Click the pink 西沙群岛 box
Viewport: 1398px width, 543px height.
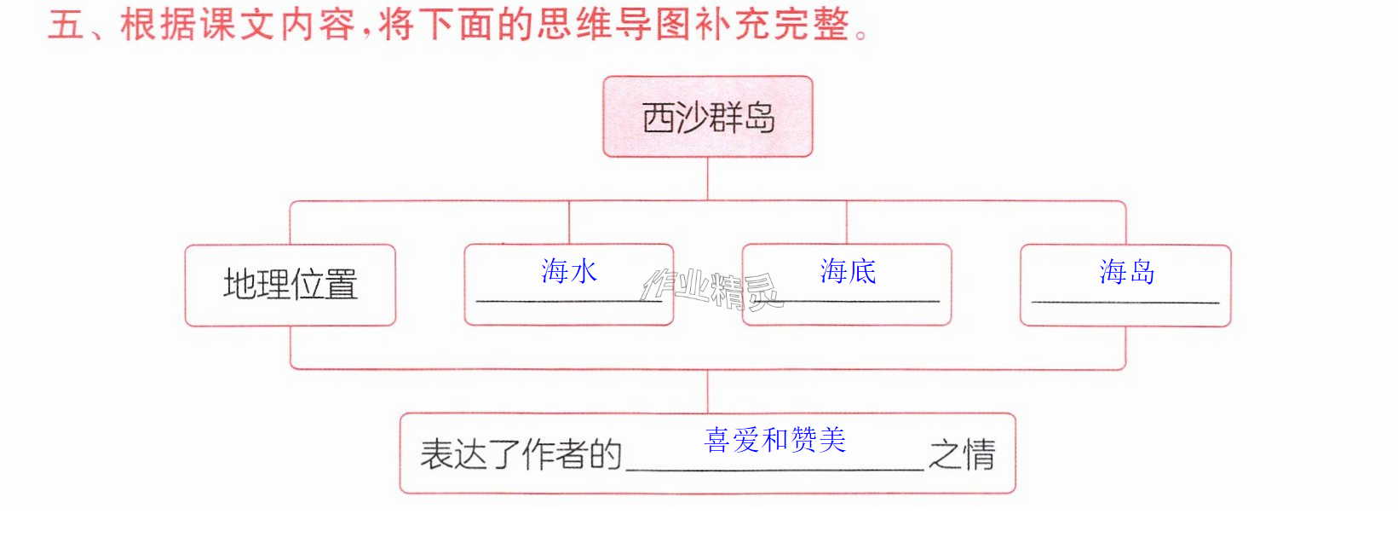[708, 117]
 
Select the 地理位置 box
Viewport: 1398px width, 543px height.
[291, 286]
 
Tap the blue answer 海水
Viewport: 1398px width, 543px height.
[569, 271]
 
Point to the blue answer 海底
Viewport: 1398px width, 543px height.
[848, 271]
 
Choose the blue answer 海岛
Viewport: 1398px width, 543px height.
[1127, 272]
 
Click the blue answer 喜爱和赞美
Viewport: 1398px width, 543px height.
[775, 440]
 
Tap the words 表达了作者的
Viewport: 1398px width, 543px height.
[521, 454]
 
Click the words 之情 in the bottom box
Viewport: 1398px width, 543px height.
[962, 454]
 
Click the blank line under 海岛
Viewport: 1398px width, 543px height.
[1125, 303]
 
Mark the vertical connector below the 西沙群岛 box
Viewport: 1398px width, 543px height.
[708, 178]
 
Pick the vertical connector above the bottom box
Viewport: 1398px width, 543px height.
[708, 391]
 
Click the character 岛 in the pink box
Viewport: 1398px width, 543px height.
[760, 118]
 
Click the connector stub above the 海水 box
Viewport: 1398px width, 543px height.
[569, 222]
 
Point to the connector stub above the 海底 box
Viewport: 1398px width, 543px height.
[847, 222]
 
